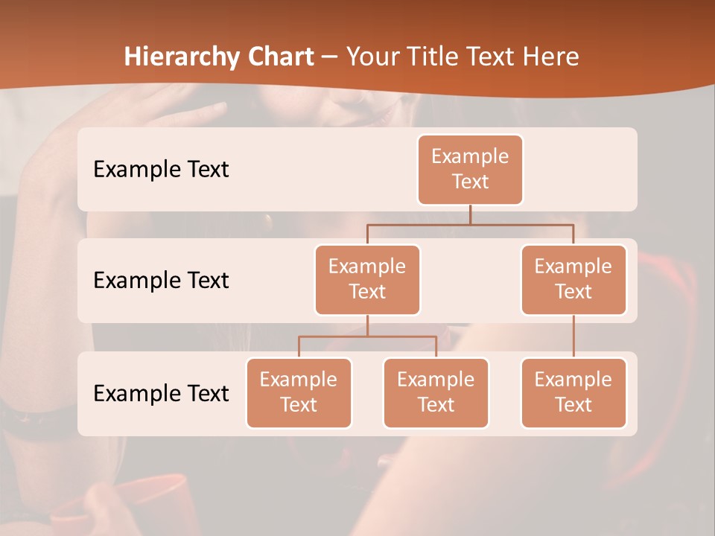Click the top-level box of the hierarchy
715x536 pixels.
(x=470, y=169)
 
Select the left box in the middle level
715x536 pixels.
(x=367, y=279)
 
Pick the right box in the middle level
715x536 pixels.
(x=573, y=279)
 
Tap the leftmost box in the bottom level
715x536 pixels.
(x=299, y=392)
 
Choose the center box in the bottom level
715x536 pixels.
(x=436, y=392)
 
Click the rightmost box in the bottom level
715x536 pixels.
(x=573, y=392)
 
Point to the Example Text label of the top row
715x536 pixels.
(x=161, y=170)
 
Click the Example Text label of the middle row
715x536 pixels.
(x=161, y=281)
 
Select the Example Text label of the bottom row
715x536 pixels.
(x=161, y=393)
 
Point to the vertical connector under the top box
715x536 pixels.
(x=470, y=214)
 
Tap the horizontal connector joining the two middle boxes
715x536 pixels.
(x=470, y=224)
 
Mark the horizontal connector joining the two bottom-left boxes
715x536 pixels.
(x=367, y=336)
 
